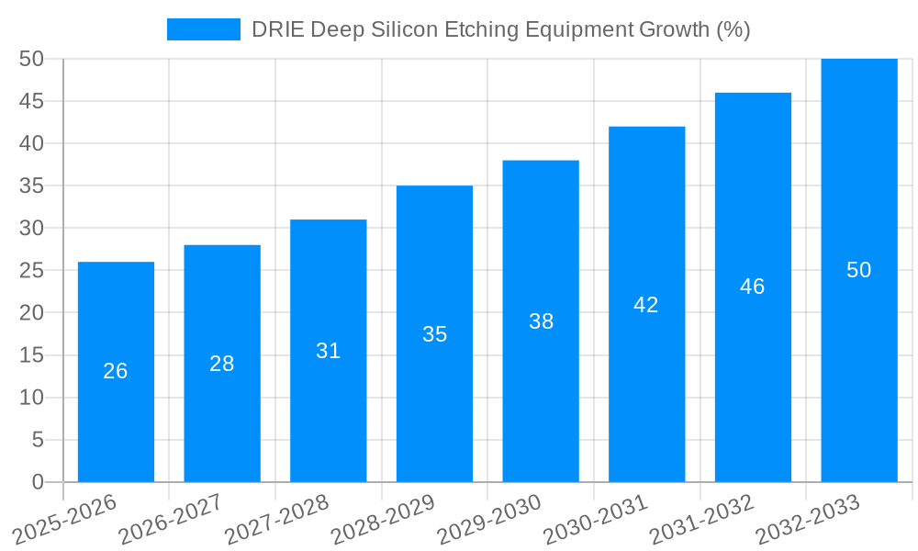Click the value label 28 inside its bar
[222, 364]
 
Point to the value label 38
[541, 321]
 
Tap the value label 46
[752, 287]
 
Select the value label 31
[328, 351]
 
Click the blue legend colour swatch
[203, 29]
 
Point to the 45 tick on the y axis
[31, 101]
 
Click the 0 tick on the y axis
[38, 482]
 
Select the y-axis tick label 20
[31, 313]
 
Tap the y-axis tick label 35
[31, 186]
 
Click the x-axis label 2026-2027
[170, 521]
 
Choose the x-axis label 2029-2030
[489, 521]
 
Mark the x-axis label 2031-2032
[702, 521]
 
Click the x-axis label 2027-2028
[276, 521]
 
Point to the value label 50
[858, 270]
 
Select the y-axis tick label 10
[31, 398]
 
